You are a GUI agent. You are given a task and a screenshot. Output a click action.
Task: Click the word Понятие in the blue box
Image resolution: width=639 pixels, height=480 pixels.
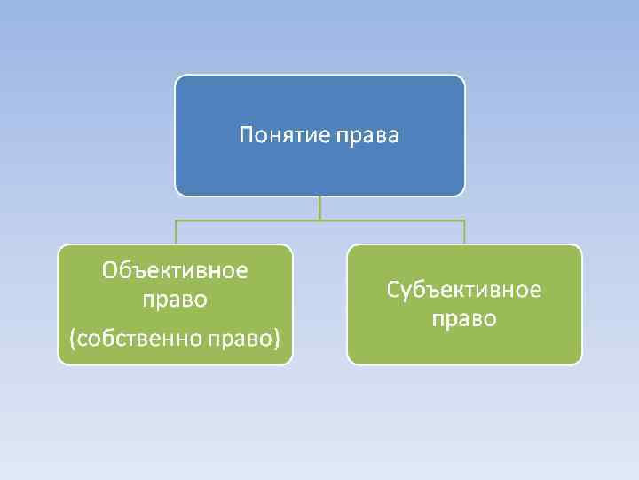pos(283,136)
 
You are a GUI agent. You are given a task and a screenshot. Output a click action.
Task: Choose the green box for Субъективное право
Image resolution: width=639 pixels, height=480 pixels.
pos(464,347)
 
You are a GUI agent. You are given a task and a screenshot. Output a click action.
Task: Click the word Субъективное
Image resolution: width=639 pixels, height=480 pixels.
pos(464,291)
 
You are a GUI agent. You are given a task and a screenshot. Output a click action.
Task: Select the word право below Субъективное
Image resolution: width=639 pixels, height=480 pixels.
pos(464,319)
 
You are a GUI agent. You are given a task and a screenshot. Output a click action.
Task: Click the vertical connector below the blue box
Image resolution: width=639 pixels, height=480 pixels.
pos(319,207)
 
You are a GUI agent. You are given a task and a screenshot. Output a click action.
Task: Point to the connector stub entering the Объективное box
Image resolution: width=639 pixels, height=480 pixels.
pos(176,232)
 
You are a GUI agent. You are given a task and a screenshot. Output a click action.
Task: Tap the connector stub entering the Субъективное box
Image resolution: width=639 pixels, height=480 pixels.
pos(464,232)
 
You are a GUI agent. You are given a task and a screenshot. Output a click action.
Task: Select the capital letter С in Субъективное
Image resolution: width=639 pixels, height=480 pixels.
pos(393,291)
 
